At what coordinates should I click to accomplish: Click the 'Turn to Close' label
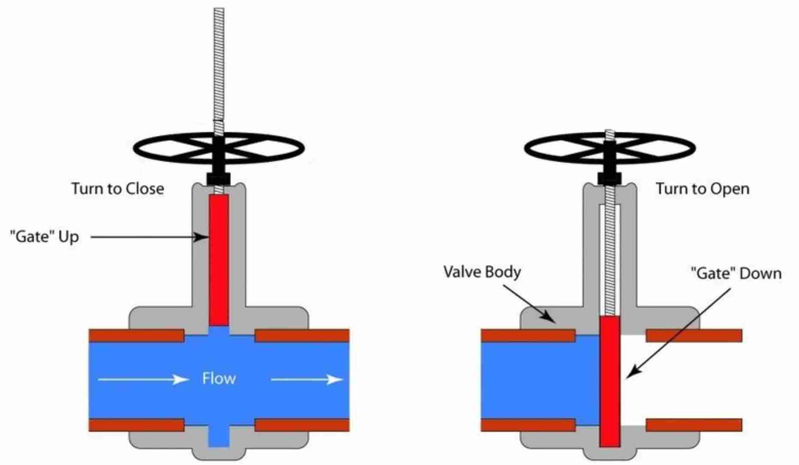pos(118,189)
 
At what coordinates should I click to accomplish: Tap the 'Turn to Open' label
pos(703,189)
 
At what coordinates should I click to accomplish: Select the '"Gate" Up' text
pos(45,237)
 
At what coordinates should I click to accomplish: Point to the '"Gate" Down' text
pos(736,273)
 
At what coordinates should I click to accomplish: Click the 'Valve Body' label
pos(482,272)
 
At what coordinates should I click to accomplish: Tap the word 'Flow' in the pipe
pos(219,379)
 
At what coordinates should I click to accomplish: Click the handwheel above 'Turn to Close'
pos(219,148)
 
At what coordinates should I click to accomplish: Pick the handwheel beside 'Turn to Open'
pos(610,149)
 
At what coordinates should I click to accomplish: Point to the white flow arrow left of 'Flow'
pos(143,379)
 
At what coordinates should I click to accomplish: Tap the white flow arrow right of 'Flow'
pos(307,379)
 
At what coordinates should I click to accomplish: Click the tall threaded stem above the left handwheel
pos(219,64)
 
